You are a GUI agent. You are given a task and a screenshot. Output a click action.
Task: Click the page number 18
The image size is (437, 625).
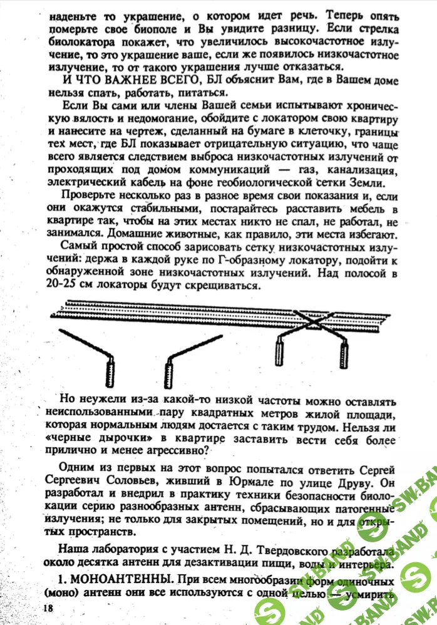48,608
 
